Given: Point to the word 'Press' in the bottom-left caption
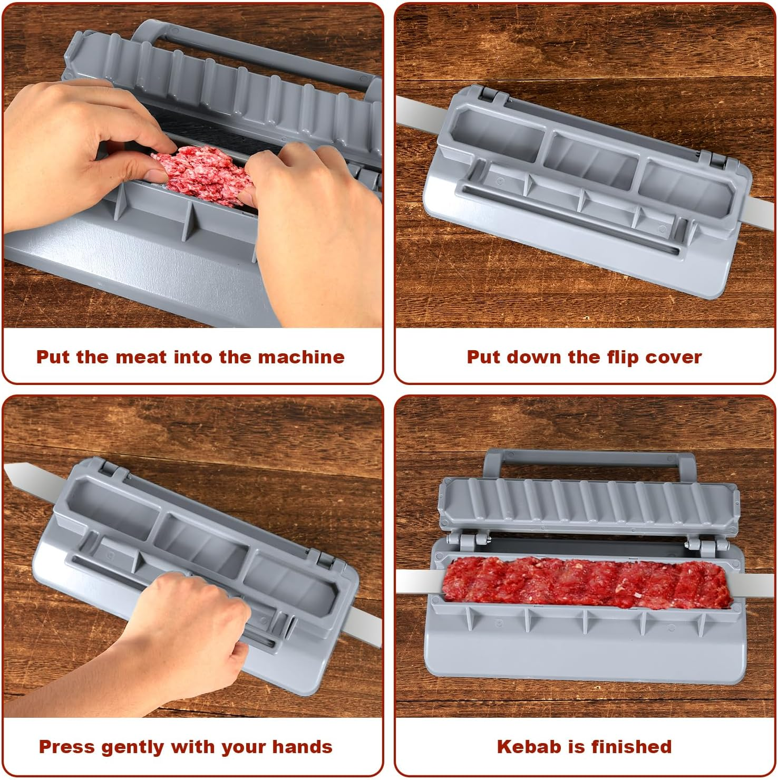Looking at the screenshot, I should pyautogui.click(x=66, y=747).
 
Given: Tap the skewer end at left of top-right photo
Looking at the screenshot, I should pyautogui.click(x=416, y=111).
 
